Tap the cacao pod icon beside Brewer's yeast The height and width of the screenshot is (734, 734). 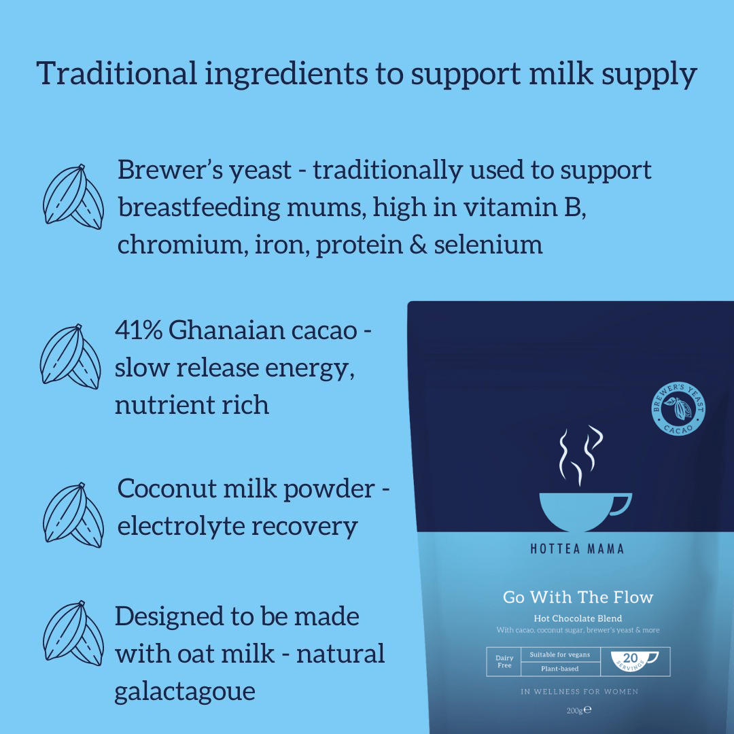click(73, 197)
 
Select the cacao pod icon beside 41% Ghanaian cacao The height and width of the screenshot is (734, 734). click(71, 356)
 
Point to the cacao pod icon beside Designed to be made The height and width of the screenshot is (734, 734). click(73, 634)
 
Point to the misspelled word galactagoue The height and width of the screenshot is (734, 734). click(185, 691)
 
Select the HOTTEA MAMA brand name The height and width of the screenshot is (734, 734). click(577, 549)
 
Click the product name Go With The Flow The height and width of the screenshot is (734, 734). click(578, 597)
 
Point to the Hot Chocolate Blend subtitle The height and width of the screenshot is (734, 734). click(578, 618)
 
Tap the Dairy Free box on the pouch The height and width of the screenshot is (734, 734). click(504, 661)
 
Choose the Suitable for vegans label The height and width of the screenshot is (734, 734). click(560, 654)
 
